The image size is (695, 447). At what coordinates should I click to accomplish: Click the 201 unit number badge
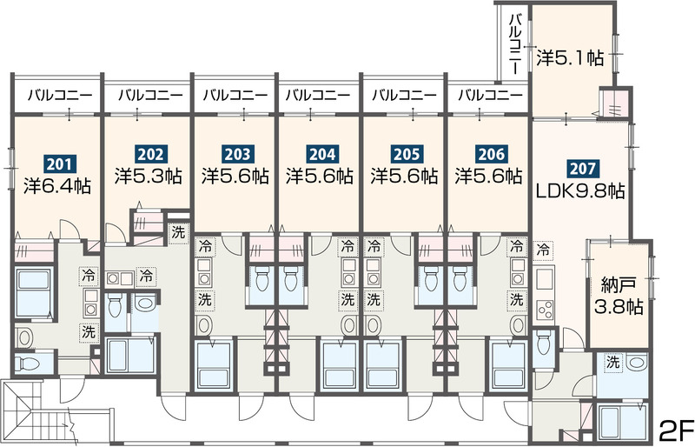click(59, 164)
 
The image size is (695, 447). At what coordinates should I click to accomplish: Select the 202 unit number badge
click(151, 154)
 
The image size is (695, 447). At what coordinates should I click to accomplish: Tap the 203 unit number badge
click(237, 154)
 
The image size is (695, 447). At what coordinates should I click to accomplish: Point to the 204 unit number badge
click(322, 154)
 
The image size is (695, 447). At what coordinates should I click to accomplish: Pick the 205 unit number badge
click(407, 154)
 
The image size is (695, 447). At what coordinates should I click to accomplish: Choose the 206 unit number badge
click(492, 154)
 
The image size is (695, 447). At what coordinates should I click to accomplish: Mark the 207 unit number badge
click(582, 168)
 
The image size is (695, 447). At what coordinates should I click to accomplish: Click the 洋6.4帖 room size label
click(57, 186)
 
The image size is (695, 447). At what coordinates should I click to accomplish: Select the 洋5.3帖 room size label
click(149, 177)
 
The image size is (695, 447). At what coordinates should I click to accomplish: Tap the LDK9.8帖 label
click(580, 190)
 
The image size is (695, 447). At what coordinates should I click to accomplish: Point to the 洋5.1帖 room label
click(571, 57)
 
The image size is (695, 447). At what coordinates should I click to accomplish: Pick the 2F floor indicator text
click(676, 430)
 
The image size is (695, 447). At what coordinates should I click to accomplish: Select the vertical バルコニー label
click(514, 44)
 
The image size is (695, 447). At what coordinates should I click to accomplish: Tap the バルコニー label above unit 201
click(60, 95)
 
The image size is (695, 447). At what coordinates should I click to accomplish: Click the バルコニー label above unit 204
click(318, 95)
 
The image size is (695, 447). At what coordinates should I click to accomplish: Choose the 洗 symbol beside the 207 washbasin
click(613, 363)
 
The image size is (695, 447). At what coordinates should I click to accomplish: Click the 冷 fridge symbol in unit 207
click(542, 250)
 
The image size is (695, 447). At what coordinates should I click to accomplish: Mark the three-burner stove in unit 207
click(545, 309)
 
